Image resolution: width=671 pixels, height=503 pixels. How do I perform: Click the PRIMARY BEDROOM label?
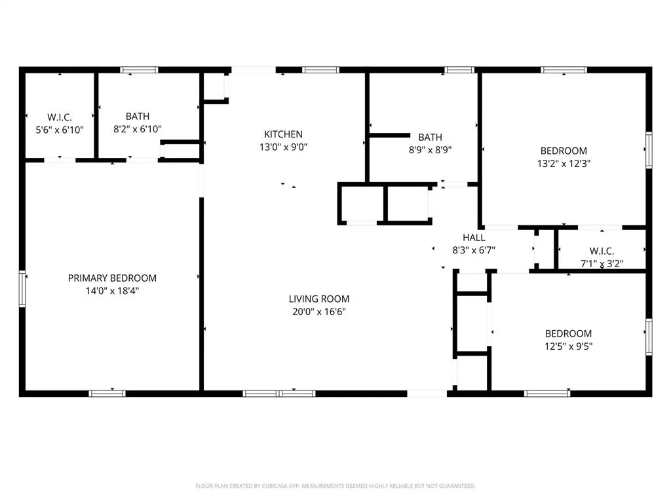click(x=112, y=278)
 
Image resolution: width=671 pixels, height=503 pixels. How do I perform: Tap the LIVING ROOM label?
click(x=319, y=299)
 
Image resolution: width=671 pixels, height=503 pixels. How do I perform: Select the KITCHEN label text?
click(x=283, y=134)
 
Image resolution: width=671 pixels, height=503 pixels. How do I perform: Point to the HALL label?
click(x=474, y=238)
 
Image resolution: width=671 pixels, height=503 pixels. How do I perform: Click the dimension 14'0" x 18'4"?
click(x=112, y=291)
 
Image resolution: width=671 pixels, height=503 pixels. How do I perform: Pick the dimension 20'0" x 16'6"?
click(x=319, y=311)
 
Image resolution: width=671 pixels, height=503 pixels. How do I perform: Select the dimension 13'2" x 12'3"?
click(x=564, y=163)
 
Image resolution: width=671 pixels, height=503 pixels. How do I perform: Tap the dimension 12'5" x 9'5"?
click(x=568, y=346)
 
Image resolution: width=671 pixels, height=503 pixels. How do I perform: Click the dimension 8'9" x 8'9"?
click(x=430, y=150)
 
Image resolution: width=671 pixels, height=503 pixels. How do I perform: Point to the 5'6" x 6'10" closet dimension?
click(x=60, y=130)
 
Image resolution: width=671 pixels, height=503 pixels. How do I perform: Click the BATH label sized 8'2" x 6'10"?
click(x=138, y=117)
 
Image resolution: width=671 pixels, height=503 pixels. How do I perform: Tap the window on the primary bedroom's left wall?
click(x=22, y=289)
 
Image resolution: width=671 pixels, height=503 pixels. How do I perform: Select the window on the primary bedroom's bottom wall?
click(x=107, y=394)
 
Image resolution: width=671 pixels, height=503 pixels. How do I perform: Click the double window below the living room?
click(x=279, y=394)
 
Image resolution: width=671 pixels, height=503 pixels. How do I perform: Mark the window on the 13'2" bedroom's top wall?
click(x=564, y=69)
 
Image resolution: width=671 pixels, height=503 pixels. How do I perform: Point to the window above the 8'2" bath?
click(x=139, y=69)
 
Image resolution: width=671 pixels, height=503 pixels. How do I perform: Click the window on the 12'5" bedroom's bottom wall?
click(x=547, y=394)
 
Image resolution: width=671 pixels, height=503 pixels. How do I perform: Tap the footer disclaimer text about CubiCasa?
click(x=335, y=486)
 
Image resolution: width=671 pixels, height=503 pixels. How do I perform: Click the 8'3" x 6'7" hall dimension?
click(x=474, y=250)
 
